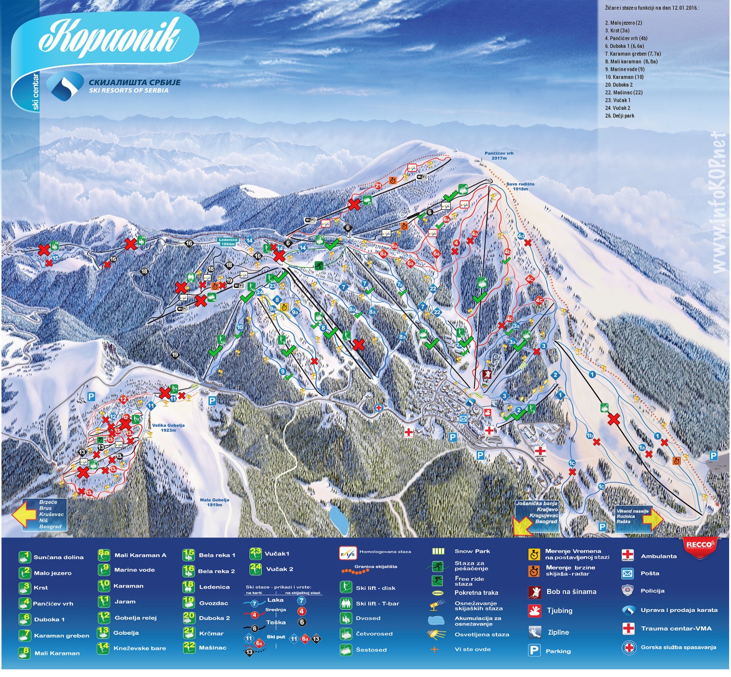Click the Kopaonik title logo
click(109, 36)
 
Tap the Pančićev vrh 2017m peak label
click(499, 156)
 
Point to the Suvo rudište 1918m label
click(520, 186)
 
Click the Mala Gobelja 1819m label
click(214, 502)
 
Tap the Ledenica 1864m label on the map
click(228, 242)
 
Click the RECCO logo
click(699, 545)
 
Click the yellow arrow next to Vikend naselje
click(653, 519)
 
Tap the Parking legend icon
click(534, 651)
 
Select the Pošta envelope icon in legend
click(627, 574)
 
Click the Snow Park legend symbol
click(438, 551)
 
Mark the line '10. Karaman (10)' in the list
click(624, 77)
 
